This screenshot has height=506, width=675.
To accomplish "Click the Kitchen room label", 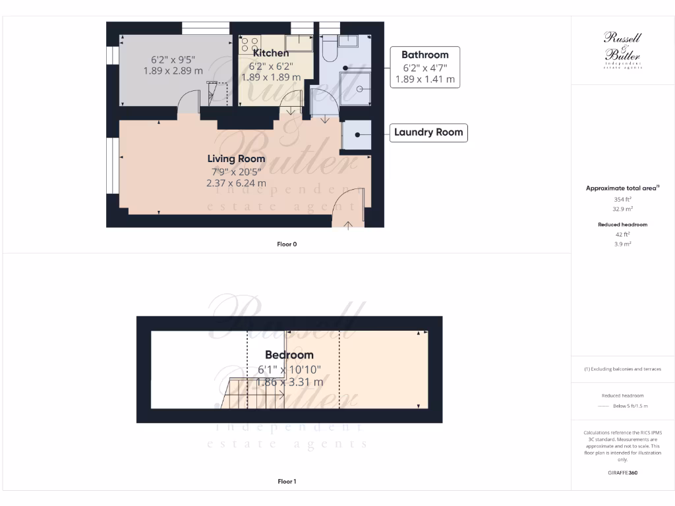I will point(271,53).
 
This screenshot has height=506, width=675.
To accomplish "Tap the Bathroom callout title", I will point(425,55).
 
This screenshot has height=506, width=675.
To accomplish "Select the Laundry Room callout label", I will point(428,132).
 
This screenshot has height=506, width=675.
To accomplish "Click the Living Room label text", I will point(236,159).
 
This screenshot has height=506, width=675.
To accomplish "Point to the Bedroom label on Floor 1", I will point(289,355).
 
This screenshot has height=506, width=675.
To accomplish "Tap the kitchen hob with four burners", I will point(250,44).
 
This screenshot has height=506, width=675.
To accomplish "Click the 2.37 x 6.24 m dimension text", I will point(236,183).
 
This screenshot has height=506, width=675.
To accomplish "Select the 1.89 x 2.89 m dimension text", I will point(173,70).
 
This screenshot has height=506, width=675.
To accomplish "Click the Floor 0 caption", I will point(287,244).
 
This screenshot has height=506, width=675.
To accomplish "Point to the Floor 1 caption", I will point(287,482).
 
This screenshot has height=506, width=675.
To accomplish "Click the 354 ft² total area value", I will point(622,199).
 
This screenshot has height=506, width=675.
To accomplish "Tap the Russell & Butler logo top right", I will point(622,50).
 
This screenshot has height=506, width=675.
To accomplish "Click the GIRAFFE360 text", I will point(622,472).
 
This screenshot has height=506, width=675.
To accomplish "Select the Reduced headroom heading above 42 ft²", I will point(622,225).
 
